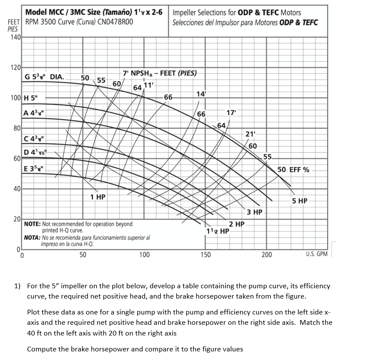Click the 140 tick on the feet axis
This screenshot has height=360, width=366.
(15, 38)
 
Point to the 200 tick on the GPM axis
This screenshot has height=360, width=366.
(266, 255)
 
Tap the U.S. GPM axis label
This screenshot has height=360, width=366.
(317, 254)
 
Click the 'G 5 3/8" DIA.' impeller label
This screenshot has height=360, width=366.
(45, 77)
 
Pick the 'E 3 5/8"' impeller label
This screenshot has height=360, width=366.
(33, 168)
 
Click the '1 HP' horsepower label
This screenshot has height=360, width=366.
(98, 197)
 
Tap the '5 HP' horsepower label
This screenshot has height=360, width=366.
(299, 201)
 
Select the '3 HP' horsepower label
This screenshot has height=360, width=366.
(255, 212)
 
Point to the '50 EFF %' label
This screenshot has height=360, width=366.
(293, 169)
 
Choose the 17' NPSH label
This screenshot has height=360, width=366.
(231, 113)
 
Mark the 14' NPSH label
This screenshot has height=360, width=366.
(201, 94)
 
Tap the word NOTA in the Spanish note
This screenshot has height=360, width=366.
(32, 237)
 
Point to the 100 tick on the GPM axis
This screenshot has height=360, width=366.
(144, 255)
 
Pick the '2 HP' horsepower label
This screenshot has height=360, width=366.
(237, 224)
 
